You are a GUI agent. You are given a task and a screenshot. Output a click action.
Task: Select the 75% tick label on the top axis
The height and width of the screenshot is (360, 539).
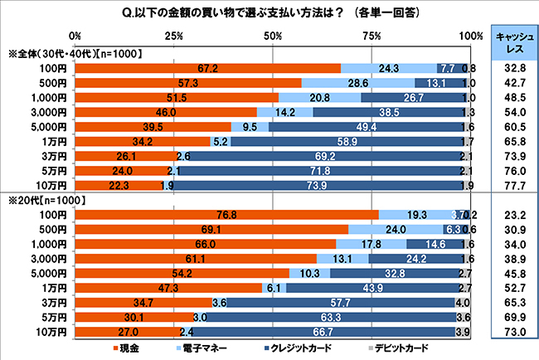point(371,36)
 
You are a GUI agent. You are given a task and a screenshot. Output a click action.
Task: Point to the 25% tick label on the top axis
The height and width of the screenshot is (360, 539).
point(174,36)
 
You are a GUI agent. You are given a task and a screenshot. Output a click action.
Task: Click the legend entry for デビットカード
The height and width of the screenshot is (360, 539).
point(393,346)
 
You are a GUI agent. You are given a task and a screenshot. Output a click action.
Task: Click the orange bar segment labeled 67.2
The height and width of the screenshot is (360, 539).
point(207,68)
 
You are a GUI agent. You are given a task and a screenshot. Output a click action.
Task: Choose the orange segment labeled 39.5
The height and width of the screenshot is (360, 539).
point(153,127)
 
